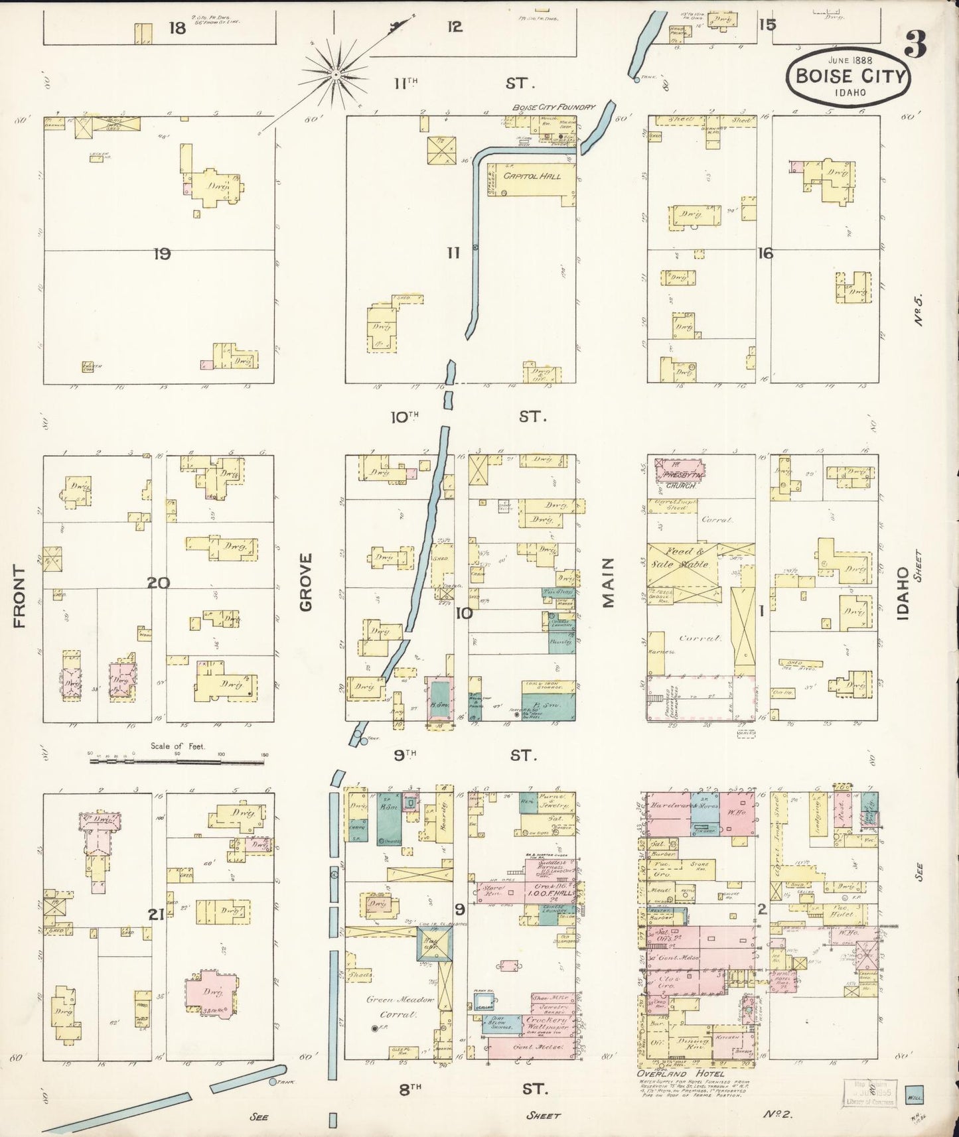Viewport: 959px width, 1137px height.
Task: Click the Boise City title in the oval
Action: (850, 76)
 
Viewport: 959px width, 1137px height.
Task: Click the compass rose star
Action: (336, 75)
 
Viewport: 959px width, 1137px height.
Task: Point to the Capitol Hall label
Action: (532, 176)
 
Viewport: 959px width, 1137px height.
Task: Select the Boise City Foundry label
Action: (553, 107)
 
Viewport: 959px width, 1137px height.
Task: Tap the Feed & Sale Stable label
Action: (684, 564)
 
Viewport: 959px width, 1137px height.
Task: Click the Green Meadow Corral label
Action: (398, 1006)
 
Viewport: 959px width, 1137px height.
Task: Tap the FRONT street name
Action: (19, 596)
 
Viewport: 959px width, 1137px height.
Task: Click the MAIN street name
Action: (609, 582)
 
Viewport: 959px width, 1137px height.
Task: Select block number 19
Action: (162, 253)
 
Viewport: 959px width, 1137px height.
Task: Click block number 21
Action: (156, 915)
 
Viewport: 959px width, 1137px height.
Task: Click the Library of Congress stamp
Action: (869, 1093)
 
